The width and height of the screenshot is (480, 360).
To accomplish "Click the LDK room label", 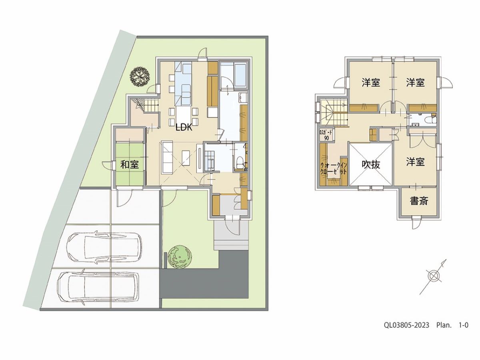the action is pos(184,128).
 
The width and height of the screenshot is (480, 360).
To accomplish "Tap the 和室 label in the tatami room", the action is pos(130,164).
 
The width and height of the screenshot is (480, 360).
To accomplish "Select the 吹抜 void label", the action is pos(371,164).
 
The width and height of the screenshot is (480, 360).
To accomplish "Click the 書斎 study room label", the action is pos(419,201).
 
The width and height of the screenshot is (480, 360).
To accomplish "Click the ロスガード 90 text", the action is pos(326,135).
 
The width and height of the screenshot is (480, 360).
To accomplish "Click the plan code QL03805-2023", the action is pos(406,331).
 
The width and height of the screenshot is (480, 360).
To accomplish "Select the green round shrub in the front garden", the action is pos(179,257).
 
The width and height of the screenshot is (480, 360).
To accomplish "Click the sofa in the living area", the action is pos(167,158).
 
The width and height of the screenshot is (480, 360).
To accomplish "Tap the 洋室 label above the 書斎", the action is pos(415,162).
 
